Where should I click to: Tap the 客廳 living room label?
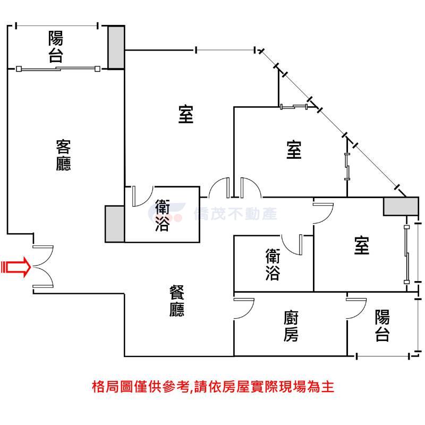point(63,155)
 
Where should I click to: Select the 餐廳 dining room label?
point(177,301)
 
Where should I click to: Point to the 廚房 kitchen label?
point(291,326)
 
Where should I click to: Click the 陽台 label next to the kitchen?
point(382,325)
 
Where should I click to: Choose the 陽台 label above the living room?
point(56,47)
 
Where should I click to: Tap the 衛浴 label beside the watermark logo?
point(163,216)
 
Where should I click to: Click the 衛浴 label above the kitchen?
point(273,265)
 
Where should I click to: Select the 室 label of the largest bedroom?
point(186,114)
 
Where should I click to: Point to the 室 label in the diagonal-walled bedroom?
point(294,150)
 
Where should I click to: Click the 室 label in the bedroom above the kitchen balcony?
point(362,245)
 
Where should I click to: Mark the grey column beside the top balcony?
point(116,47)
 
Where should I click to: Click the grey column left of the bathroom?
point(115,224)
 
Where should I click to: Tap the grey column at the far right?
point(401,207)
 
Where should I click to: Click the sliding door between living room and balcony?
point(58,69)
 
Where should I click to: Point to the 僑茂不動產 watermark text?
point(235,214)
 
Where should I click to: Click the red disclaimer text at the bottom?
point(213,387)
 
